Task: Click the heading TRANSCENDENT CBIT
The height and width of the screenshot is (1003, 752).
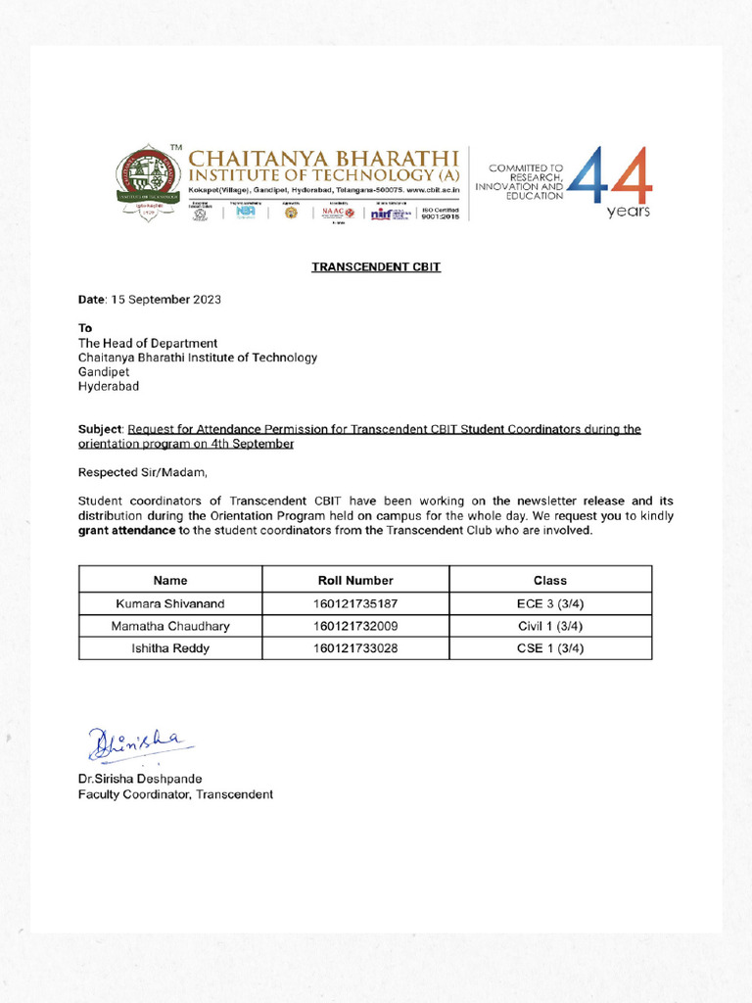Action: [376, 266]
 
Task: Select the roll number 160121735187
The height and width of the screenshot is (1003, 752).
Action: [355, 603]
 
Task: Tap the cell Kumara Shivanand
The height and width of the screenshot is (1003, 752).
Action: [170, 603]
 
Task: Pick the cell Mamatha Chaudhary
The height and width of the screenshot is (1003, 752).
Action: [170, 626]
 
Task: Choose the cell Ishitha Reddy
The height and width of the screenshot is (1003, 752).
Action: [170, 648]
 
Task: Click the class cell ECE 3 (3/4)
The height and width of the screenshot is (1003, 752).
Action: [549, 603]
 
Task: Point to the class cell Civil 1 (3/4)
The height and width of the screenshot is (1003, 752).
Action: [549, 626]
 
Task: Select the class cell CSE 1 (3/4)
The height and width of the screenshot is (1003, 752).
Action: [549, 648]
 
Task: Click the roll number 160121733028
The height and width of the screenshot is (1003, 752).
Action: [355, 648]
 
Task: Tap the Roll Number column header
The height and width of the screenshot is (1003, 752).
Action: [355, 580]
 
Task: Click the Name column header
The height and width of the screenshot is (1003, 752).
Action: [170, 580]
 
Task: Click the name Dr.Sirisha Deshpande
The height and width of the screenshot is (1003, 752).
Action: [140, 779]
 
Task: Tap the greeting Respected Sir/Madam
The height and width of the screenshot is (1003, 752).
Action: [143, 472]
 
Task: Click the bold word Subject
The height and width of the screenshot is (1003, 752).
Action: [101, 429]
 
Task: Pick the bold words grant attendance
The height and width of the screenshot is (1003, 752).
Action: [127, 531]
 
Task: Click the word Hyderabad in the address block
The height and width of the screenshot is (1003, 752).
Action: [109, 386]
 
